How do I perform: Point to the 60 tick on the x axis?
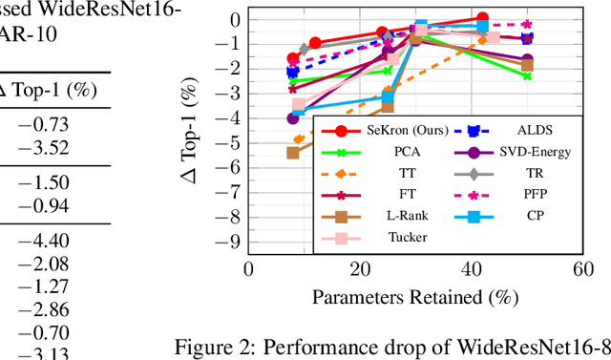(x=584, y=270)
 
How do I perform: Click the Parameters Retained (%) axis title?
(x=415, y=296)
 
